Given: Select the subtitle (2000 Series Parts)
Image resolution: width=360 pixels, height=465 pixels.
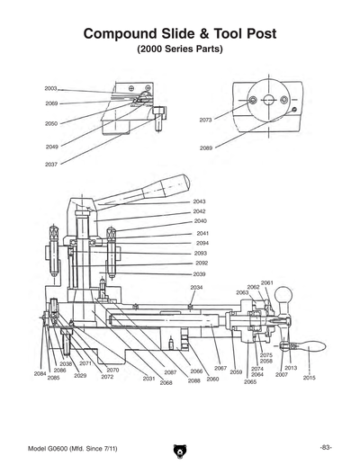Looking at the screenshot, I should (180, 49).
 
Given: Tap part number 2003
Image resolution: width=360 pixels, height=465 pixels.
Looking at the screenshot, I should (50, 89).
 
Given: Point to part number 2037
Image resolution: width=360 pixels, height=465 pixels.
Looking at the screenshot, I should (50, 165).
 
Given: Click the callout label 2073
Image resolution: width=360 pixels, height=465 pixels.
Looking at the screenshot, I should (206, 119).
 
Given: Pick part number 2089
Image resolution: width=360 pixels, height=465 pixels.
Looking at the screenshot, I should (206, 148).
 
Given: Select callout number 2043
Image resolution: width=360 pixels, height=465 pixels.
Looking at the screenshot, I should (200, 201).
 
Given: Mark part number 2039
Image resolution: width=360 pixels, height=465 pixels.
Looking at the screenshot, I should (200, 273).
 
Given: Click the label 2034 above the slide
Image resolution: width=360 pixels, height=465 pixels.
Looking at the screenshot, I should (196, 287).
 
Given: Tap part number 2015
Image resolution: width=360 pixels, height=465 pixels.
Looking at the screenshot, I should (309, 378).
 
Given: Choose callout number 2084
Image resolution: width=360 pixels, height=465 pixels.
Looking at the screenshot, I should (40, 372).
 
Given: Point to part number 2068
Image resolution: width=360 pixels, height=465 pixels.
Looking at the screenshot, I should (166, 383).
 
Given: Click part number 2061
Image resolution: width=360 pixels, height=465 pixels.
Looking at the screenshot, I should (266, 282).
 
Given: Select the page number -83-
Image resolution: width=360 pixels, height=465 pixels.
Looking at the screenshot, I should (325, 447).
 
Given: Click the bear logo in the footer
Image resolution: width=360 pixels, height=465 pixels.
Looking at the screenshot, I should (179, 448).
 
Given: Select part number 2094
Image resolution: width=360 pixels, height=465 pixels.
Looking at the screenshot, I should (202, 243).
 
